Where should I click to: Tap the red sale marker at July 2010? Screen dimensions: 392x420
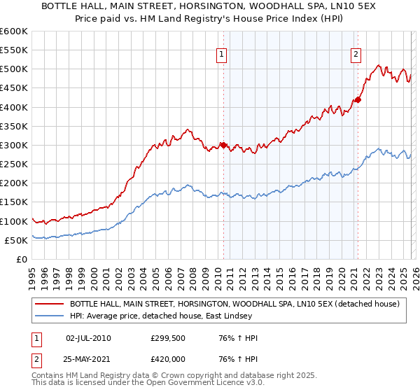224,146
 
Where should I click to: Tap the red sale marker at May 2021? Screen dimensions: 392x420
358,100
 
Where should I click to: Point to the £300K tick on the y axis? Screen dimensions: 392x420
14,146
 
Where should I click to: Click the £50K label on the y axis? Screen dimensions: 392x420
17,240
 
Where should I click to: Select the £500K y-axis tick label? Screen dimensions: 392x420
14,69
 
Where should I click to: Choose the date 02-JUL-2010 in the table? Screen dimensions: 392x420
88,338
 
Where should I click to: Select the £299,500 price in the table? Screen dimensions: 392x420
167,338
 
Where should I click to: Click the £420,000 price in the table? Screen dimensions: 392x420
167,360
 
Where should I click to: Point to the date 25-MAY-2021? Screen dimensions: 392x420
88,360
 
